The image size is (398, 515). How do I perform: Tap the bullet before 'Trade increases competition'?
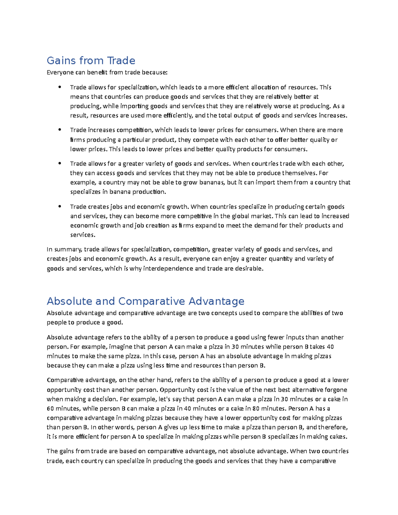coord(60,130)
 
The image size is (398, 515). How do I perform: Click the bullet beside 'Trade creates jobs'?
coord(60,207)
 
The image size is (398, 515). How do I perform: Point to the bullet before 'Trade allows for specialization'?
coord(60,87)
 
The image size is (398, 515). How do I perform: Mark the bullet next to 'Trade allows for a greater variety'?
coord(60,163)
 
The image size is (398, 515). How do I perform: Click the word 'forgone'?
coord(336,390)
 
